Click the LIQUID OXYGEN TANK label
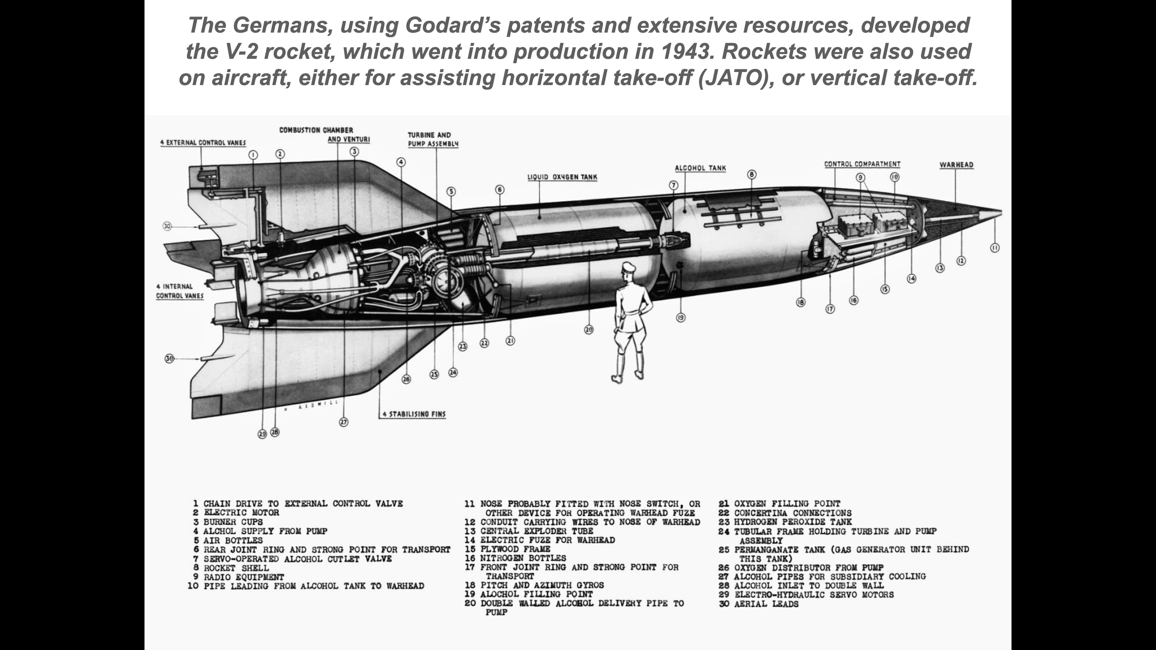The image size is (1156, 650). [562, 177]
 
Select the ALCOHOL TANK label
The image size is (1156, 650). [700, 168]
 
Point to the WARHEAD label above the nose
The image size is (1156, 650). [956, 165]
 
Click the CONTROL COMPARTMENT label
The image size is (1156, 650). [862, 164]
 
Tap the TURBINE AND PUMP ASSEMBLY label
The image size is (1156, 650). [433, 139]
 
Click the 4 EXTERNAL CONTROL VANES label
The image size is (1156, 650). [203, 143]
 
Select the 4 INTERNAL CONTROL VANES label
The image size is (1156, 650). [179, 291]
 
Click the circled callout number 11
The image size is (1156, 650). [995, 248]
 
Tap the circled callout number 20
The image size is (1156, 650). [589, 330]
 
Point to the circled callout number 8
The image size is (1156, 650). [752, 174]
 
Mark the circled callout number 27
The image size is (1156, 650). [344, 422]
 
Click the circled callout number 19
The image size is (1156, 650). [680, 318]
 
